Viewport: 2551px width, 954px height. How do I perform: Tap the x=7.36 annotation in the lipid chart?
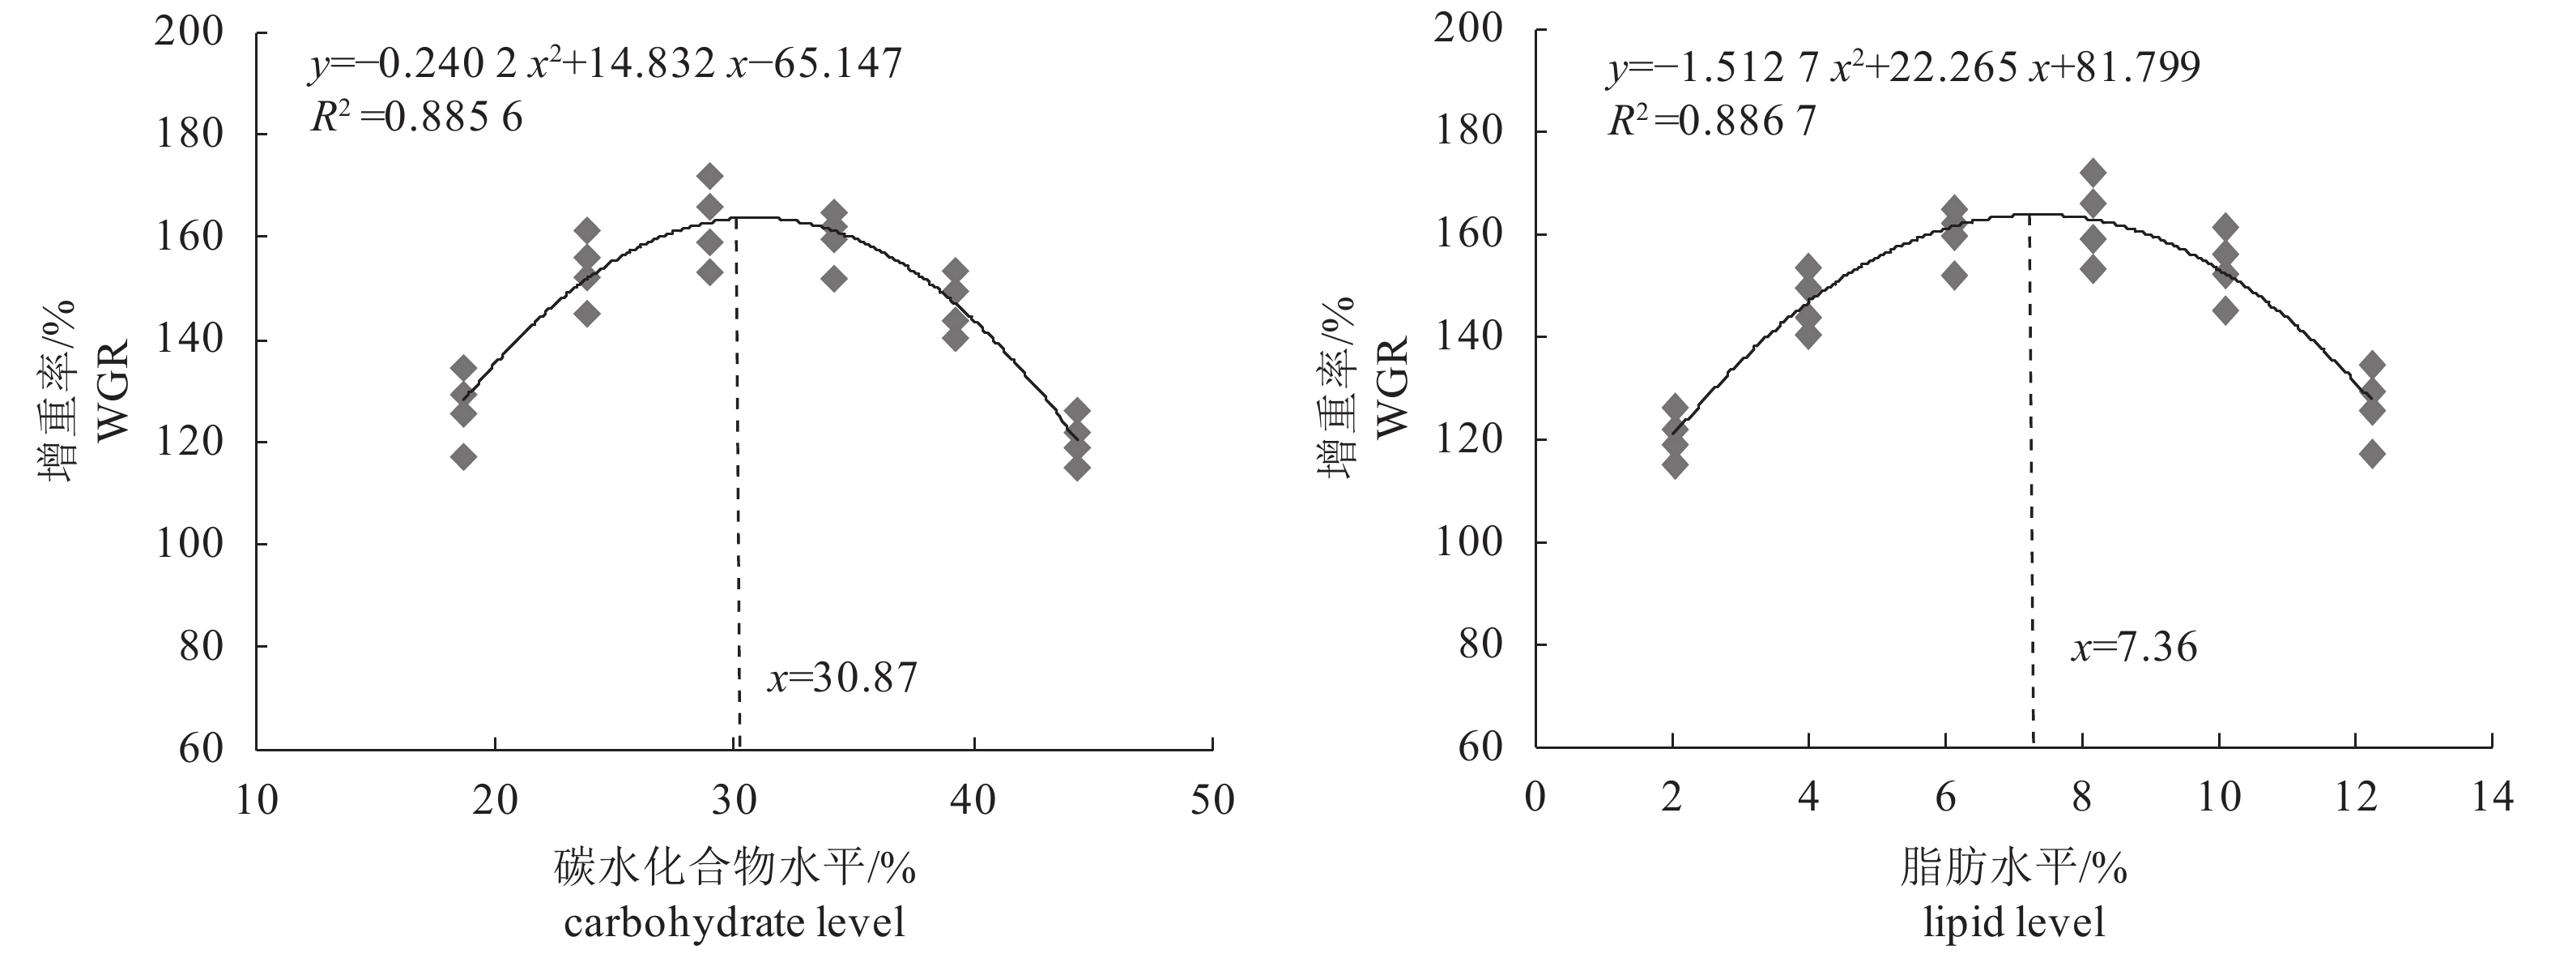(2133, 647)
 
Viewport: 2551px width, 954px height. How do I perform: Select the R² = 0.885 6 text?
(416, 118)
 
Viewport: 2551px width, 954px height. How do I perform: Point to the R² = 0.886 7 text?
(1712, 121)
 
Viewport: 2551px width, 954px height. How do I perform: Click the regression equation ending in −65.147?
(605, 64)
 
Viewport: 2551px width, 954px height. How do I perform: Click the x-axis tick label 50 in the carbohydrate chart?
(1212, 799)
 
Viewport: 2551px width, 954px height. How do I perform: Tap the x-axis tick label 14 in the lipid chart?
(2492, 797)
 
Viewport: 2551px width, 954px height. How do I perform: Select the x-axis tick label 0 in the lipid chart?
(1535, 797)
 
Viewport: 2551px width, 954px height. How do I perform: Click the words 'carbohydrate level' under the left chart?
(735, 923)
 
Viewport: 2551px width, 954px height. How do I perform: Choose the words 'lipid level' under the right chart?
(2014, 923)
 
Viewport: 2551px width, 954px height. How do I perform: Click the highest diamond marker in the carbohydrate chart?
(710, 177)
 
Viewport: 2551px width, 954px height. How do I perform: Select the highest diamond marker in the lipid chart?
(2093, 173)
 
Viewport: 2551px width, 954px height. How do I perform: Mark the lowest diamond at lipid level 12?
(2372, 455)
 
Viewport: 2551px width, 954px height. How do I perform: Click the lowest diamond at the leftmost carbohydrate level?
(463, 456)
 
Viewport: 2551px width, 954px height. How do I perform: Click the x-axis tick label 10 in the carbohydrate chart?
(257, 799)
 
